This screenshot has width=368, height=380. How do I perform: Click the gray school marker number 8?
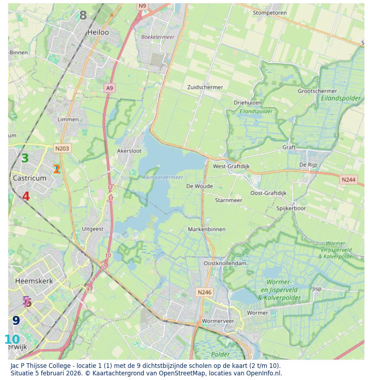(83, 16)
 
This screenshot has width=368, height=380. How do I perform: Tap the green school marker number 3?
(25, 158)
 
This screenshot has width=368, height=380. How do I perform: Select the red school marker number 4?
(26, 197)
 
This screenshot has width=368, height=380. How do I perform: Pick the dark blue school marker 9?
(16, 321)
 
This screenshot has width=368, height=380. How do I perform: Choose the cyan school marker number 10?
(12, 340)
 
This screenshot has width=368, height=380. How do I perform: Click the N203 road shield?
(62, 149)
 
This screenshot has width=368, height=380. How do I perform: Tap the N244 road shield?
(348, 180)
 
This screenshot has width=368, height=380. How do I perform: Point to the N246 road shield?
(205, 292)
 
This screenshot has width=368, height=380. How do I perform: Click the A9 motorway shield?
(110, 88)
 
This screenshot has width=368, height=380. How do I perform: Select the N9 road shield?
(142, 6)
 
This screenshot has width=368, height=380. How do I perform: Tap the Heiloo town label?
(98, 32)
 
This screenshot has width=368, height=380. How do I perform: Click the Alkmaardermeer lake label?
(163, 177)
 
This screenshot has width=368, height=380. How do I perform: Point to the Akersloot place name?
(129, 151)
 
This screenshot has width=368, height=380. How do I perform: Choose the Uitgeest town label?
(93, 229)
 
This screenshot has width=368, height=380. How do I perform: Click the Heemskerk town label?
(34, 281)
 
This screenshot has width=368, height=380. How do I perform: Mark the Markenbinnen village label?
(207, 229)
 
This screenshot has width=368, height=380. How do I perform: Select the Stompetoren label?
(270, 13)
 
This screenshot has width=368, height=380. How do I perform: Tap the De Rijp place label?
(308, 165)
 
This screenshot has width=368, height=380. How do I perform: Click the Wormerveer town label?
(218, 321)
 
